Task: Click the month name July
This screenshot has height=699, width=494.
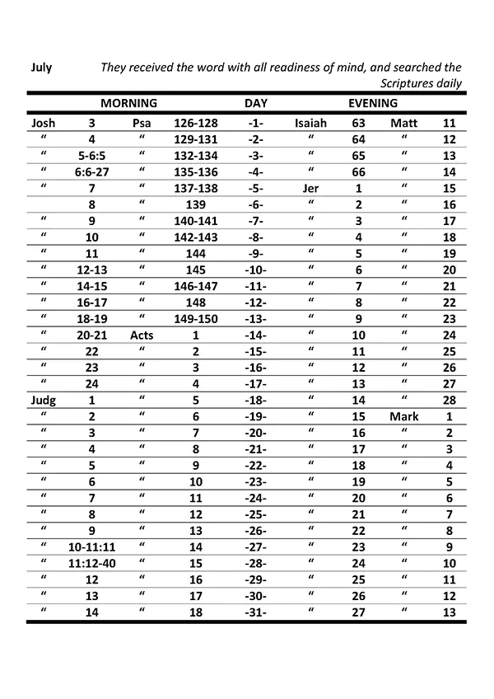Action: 41,68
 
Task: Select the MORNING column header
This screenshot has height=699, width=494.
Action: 128,104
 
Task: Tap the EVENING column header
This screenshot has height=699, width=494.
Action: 373,104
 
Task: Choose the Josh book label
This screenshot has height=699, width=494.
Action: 43,124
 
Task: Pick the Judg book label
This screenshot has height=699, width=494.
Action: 43,400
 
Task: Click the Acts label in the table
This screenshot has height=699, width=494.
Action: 142,335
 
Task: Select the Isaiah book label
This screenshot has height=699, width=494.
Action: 310,124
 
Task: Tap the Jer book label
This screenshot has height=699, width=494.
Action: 310,189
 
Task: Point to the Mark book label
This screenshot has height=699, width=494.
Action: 404,416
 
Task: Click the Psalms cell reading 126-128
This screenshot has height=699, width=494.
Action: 195,124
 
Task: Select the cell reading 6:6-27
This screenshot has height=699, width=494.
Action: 91,172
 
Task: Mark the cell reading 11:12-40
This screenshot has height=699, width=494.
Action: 91,563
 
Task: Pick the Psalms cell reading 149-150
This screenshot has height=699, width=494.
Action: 195,319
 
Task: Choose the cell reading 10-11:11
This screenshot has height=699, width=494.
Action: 91,547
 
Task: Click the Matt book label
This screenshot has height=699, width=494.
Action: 404,124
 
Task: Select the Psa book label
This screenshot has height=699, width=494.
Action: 142,124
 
